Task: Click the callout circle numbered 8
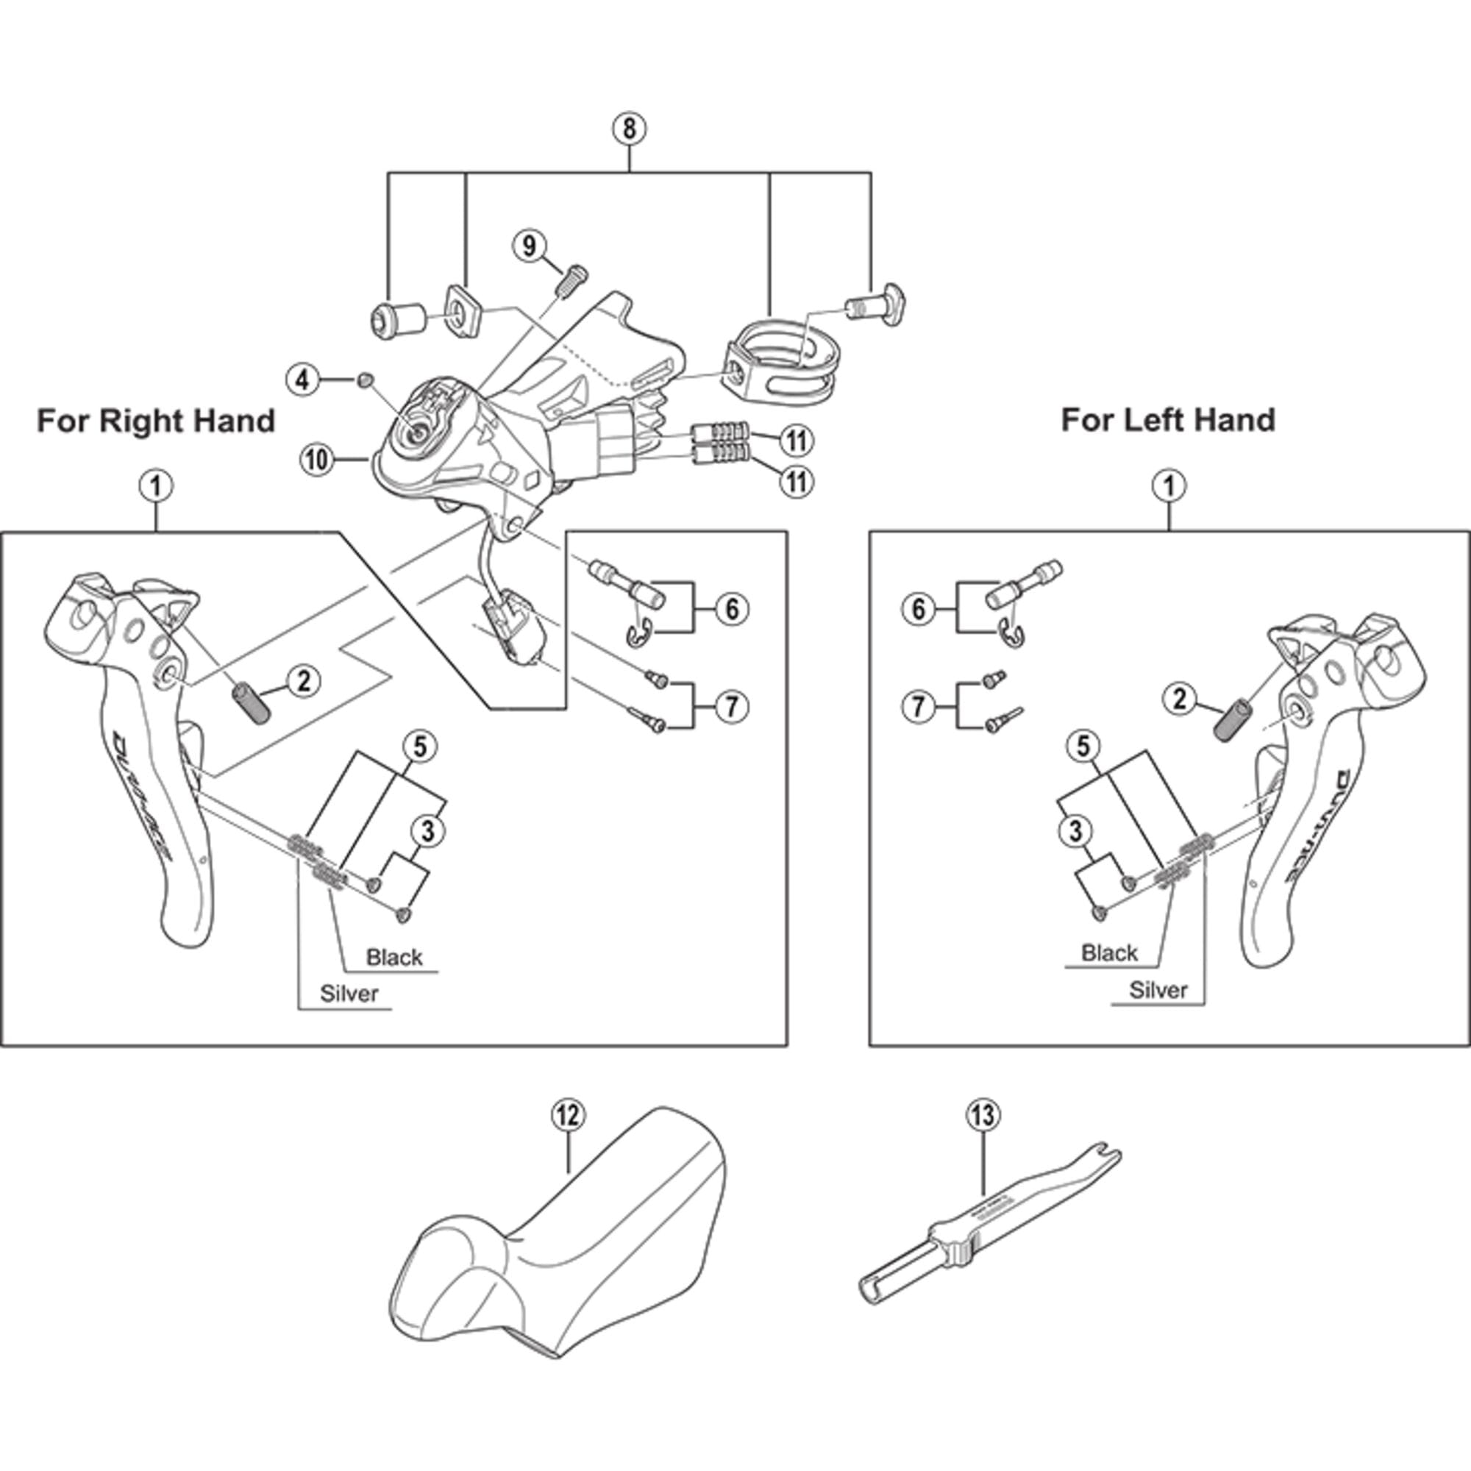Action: click(629, 129)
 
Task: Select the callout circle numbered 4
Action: click(304, 378)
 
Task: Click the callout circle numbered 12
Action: click(568, 1116)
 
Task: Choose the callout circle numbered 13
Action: click(983, 1116)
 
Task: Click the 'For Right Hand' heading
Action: click(155, 420)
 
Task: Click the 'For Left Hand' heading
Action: click(1168, 420)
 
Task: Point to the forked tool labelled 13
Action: click(990, 1226)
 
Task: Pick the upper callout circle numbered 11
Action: click(797, 440)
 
